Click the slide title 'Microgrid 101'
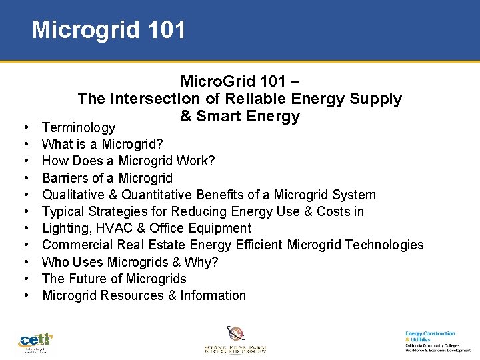tap(109, 30)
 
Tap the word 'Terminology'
tap(79, 127)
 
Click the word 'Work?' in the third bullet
tap(201, 161)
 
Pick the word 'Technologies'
tap(382, 245)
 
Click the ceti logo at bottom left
tap(35, 342)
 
